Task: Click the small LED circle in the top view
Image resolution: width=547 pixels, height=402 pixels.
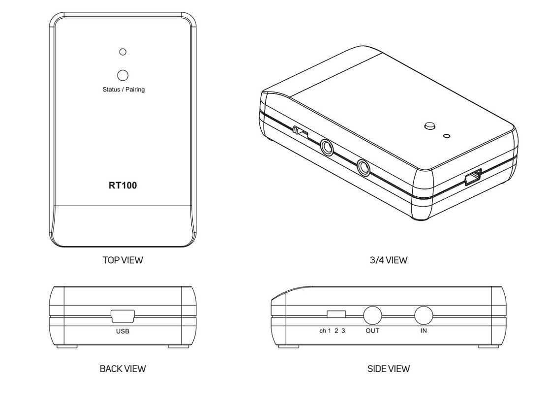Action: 123,52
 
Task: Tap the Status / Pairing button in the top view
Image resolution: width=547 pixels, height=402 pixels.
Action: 123,75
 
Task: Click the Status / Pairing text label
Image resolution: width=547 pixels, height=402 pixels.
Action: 123,90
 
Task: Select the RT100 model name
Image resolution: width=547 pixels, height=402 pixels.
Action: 123,186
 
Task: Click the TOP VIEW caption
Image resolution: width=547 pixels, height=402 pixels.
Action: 123,260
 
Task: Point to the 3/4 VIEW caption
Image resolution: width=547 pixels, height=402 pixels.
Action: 389,260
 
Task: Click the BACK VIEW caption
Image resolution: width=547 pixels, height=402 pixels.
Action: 123,369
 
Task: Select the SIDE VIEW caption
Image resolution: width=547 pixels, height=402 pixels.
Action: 389,369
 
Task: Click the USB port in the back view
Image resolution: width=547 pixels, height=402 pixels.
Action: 123,316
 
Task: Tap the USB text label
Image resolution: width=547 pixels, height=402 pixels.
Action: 123,331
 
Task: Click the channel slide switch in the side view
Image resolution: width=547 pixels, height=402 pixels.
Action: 336,314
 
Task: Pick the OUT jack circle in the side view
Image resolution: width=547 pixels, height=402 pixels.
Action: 372,315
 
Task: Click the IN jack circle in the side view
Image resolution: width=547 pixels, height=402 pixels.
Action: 424,315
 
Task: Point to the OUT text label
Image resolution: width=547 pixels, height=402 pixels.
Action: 372,331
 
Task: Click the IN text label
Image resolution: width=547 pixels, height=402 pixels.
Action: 424,331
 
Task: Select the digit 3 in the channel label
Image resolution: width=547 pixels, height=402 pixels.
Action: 343,331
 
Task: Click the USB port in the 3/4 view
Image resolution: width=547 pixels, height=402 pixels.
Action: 473,177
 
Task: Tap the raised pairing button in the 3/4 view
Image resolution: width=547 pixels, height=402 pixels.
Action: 430,126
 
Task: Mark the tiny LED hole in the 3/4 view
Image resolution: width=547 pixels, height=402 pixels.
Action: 447,136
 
